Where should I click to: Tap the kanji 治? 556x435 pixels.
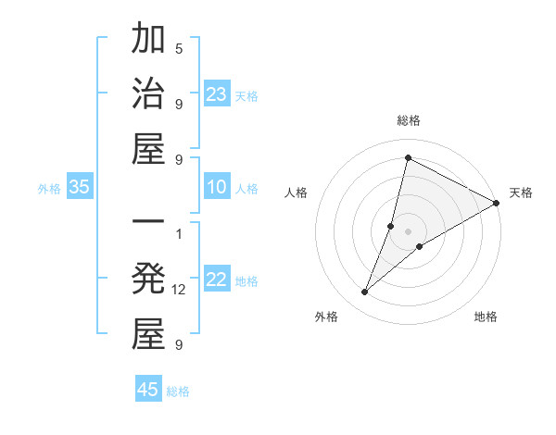click(148, 94)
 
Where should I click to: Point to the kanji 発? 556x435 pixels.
click(148, 280)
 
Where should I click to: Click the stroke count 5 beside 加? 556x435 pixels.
click(179, 48)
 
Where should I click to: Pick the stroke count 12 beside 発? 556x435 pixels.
click(179, 290)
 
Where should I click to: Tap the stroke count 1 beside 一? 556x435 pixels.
click(179, 232)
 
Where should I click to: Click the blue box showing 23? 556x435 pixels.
click(217, 94)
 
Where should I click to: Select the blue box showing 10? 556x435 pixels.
click(217, 187)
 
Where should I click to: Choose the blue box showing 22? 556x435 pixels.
click(217, 280)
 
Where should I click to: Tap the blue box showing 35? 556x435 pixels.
click(80, 187)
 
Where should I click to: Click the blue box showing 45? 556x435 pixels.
click(148, 389)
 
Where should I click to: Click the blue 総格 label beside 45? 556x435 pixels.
click(178, 391)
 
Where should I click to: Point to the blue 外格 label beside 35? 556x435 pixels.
click(49, 189)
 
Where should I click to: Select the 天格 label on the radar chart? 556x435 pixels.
click(521, 193)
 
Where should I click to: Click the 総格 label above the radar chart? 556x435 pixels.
click(408, 120)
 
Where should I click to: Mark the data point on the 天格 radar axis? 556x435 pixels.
click(497, 203)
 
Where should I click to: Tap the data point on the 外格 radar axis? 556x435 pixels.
click(365, 292)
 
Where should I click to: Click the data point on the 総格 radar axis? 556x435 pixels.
click(408, 157)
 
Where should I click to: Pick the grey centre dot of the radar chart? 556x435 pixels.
click(408, 231)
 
